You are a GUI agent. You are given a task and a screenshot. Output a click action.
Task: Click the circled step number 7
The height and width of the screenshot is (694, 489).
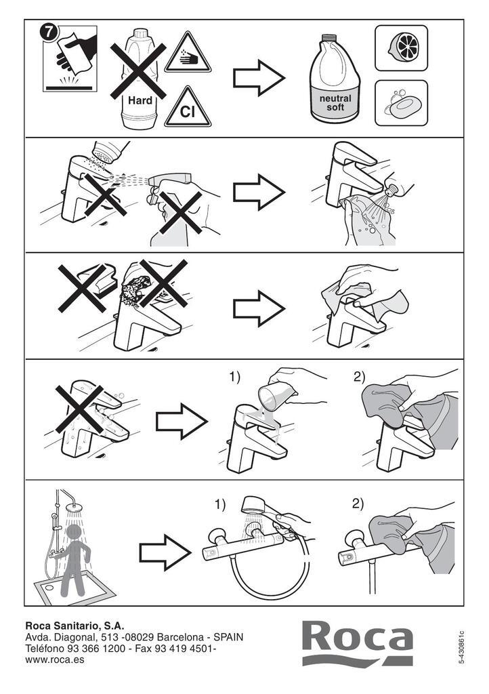[x=49, y=33]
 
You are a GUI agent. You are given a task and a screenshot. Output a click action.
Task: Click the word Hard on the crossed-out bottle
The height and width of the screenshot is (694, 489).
[x=140, y=100]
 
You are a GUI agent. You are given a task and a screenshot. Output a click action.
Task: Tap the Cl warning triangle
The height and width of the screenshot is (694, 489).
[x=188, y=108]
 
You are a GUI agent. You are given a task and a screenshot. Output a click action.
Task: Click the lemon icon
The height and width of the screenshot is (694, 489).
[x=402, y=48]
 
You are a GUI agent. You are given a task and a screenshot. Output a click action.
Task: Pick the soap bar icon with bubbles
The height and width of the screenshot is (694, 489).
[x=402, y=103]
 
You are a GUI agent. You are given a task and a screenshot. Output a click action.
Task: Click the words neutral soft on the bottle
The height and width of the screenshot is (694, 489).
[x=335, y=103]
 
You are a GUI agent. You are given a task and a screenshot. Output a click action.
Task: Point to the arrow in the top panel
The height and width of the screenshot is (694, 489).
[x=259, y=79]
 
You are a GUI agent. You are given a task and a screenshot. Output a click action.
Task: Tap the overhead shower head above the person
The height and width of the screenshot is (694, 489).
[x=74, y=507]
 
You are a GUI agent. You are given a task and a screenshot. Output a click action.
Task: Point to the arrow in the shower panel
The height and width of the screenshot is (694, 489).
[x=165, y=552]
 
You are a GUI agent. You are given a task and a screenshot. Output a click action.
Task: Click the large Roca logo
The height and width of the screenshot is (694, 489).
[x=358, y=643]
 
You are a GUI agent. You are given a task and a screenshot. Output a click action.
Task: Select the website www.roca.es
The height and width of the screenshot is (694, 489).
[x=55, y=660]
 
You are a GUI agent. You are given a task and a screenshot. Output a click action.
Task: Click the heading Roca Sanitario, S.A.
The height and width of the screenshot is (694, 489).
[x=75, y=626]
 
